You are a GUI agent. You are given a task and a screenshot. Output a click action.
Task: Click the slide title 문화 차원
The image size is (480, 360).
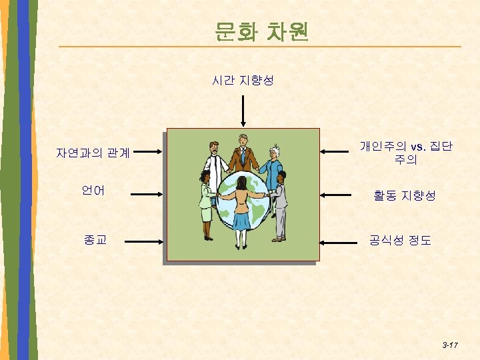click(261, 31)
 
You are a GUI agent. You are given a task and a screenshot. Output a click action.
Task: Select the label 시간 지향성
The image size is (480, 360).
click(243, 81)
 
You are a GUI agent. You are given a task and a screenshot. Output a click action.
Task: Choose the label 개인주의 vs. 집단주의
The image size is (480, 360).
click(406, 153)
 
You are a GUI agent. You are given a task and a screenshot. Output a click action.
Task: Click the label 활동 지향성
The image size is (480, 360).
click(404, 195)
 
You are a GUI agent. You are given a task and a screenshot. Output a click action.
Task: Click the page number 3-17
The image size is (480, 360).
click(449, 345)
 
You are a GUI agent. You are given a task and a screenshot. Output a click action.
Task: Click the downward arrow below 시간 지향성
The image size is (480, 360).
click(244, 110)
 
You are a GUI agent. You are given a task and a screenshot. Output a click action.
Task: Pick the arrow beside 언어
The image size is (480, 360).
click(146, 195)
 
